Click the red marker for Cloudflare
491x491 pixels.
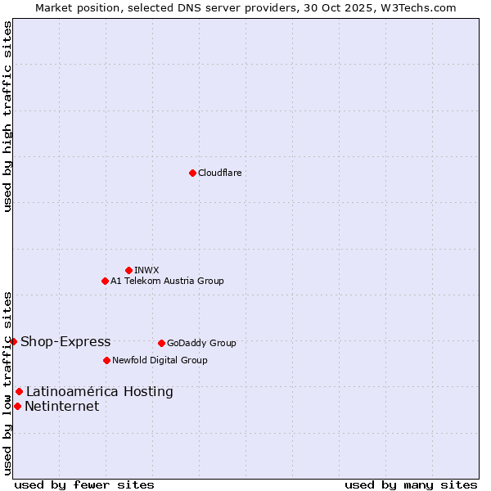point(192,173)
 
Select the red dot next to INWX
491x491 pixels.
point(128,270)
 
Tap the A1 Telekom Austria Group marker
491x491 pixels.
point(105,281)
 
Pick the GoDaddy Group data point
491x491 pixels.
point(161,343)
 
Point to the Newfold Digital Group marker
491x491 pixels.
point(106,360)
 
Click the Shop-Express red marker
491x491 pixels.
point(13,341)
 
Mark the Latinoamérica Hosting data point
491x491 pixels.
point(19,391)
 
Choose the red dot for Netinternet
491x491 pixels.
point(17,406)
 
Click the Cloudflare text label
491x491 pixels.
point(219,173)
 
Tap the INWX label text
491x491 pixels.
point(146,270)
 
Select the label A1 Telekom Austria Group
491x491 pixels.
point(167,281)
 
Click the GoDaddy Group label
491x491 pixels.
point(201,343)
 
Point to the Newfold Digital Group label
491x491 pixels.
point(160,360)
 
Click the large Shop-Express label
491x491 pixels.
point(65,341)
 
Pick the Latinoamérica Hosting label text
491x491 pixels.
point(100,391)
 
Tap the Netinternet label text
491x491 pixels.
point(62,406)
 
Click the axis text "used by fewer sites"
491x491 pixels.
point(84,484)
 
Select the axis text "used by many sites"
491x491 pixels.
point(411,484)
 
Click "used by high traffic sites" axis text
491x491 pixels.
point(8,116)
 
